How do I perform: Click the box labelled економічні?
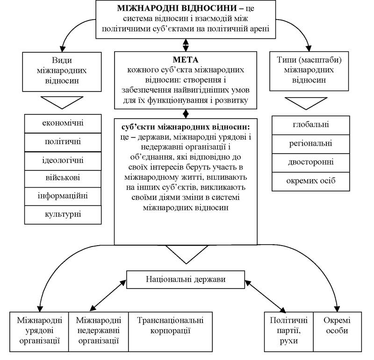pos(63,123)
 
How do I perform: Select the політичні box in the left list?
pos(63,142)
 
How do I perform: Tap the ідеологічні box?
pos(63,161)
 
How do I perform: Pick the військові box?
pos(63,179)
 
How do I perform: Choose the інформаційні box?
pos(63,196)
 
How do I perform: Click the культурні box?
pos(63,215)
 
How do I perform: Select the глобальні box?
pos(311,125)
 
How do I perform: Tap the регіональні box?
pos(311,144)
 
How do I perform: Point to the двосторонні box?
pos(311,163)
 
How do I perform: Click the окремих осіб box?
pos(311,182)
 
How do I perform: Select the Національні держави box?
pos(186,280)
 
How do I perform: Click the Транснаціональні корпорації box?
pos(170,332)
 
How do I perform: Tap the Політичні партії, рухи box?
pos(289,332)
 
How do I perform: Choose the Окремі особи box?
pos(338,332)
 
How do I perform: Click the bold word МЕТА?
pos(185,60)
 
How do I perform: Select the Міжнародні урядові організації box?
pos(39,332)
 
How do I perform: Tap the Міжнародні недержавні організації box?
pos(99,332)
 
